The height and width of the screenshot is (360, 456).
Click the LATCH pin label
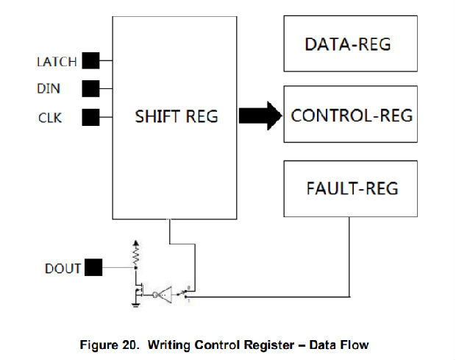tap(57, 62)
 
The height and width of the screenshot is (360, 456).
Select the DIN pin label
tap(49, 89)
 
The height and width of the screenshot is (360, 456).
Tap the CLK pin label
tap(49, 116)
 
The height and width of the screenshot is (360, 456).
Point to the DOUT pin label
tap(62, 268)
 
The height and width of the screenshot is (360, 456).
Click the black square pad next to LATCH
tap(90, 61)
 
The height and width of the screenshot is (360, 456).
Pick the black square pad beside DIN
tap(90, 88)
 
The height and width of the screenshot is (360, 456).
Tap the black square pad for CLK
tap(90, 116)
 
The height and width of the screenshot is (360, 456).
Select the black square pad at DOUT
tap(93, 268)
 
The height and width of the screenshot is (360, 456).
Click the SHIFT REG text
tap(177, 116)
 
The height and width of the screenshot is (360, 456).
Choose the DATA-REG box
tap(350, 45)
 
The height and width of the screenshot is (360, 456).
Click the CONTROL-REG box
tap(350, 115)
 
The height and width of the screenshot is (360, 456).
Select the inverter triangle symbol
tap(163, 294)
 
